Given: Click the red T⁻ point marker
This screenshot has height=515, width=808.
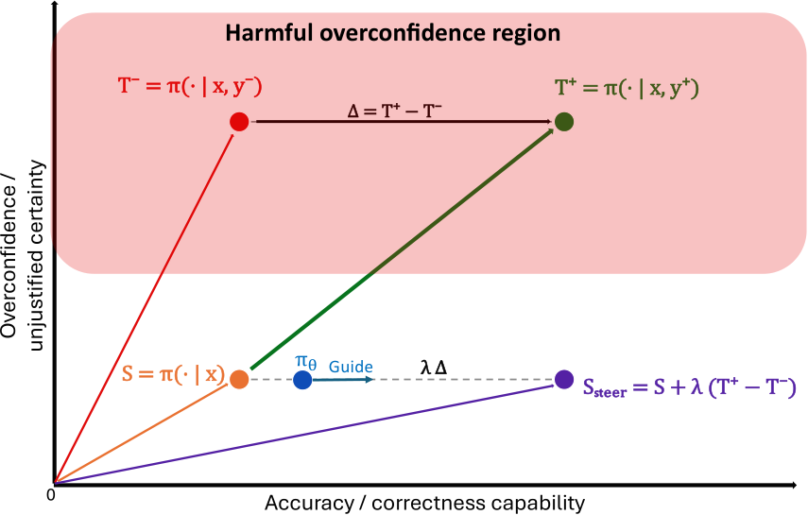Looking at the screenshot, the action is pos(239,122).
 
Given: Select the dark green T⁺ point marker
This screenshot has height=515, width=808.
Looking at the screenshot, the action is pos(564,122).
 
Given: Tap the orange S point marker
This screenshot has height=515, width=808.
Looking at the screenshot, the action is pos(239,380).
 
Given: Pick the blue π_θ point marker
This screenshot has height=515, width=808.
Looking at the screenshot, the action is pos(302,380).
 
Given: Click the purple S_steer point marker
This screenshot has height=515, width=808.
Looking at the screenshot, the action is pos(564,380).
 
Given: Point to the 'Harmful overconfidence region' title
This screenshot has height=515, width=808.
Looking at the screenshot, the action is pos(393,33).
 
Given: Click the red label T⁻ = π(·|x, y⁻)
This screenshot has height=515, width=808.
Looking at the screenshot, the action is pos(190,86).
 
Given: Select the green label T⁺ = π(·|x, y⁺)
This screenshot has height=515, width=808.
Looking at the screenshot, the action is pos(627,88).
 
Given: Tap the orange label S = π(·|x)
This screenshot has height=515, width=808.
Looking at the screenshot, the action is pos(173,374).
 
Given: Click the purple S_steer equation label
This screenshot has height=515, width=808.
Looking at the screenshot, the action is pos(690,387).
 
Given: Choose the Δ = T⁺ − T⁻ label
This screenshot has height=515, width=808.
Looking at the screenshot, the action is pos(394,111).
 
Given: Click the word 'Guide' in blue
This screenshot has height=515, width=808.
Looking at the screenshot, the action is pos(351,367).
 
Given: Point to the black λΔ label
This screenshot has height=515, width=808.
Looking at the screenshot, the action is pos(434,368).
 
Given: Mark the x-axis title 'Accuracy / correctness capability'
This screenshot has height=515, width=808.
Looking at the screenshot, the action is pos(424,503).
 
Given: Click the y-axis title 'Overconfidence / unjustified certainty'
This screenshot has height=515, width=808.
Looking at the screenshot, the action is pos(23,256).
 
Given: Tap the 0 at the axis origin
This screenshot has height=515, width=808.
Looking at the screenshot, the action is pos(50,495).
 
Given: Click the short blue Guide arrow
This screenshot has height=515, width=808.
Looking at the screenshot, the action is pos(343,380).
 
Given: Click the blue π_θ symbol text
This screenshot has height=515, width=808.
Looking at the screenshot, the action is pos(305,362).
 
